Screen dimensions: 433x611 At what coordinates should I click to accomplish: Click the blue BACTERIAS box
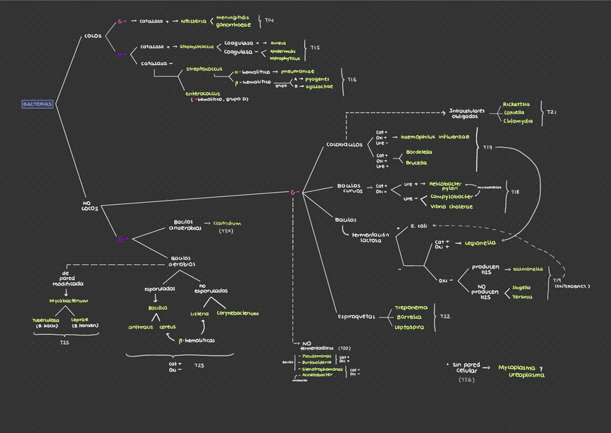click(x=37, y=104)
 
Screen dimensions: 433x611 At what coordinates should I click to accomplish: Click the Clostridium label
click(x=227, y=224)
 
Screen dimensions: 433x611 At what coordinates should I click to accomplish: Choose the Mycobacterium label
click(x=68, y=300)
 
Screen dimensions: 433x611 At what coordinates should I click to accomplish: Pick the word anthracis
click(x=141, y=327)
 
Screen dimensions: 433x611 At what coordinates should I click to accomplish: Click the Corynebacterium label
click(x=237, y=313)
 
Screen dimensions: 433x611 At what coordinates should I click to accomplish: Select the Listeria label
click(x=200, y=313)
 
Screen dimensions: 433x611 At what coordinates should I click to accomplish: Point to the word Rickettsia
click(x=517, y=104)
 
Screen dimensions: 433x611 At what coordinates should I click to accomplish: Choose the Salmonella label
click(x=527, y=268)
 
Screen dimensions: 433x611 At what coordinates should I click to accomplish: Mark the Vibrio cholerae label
click(x=451, y=206)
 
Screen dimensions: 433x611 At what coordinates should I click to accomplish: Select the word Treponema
click(x=411, y=307)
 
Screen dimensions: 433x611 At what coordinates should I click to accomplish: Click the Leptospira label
click(x=409, y=327)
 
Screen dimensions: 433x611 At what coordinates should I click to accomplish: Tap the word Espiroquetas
click(x=356, y=316)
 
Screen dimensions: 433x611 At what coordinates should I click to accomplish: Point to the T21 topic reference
click(x=551, y=113)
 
